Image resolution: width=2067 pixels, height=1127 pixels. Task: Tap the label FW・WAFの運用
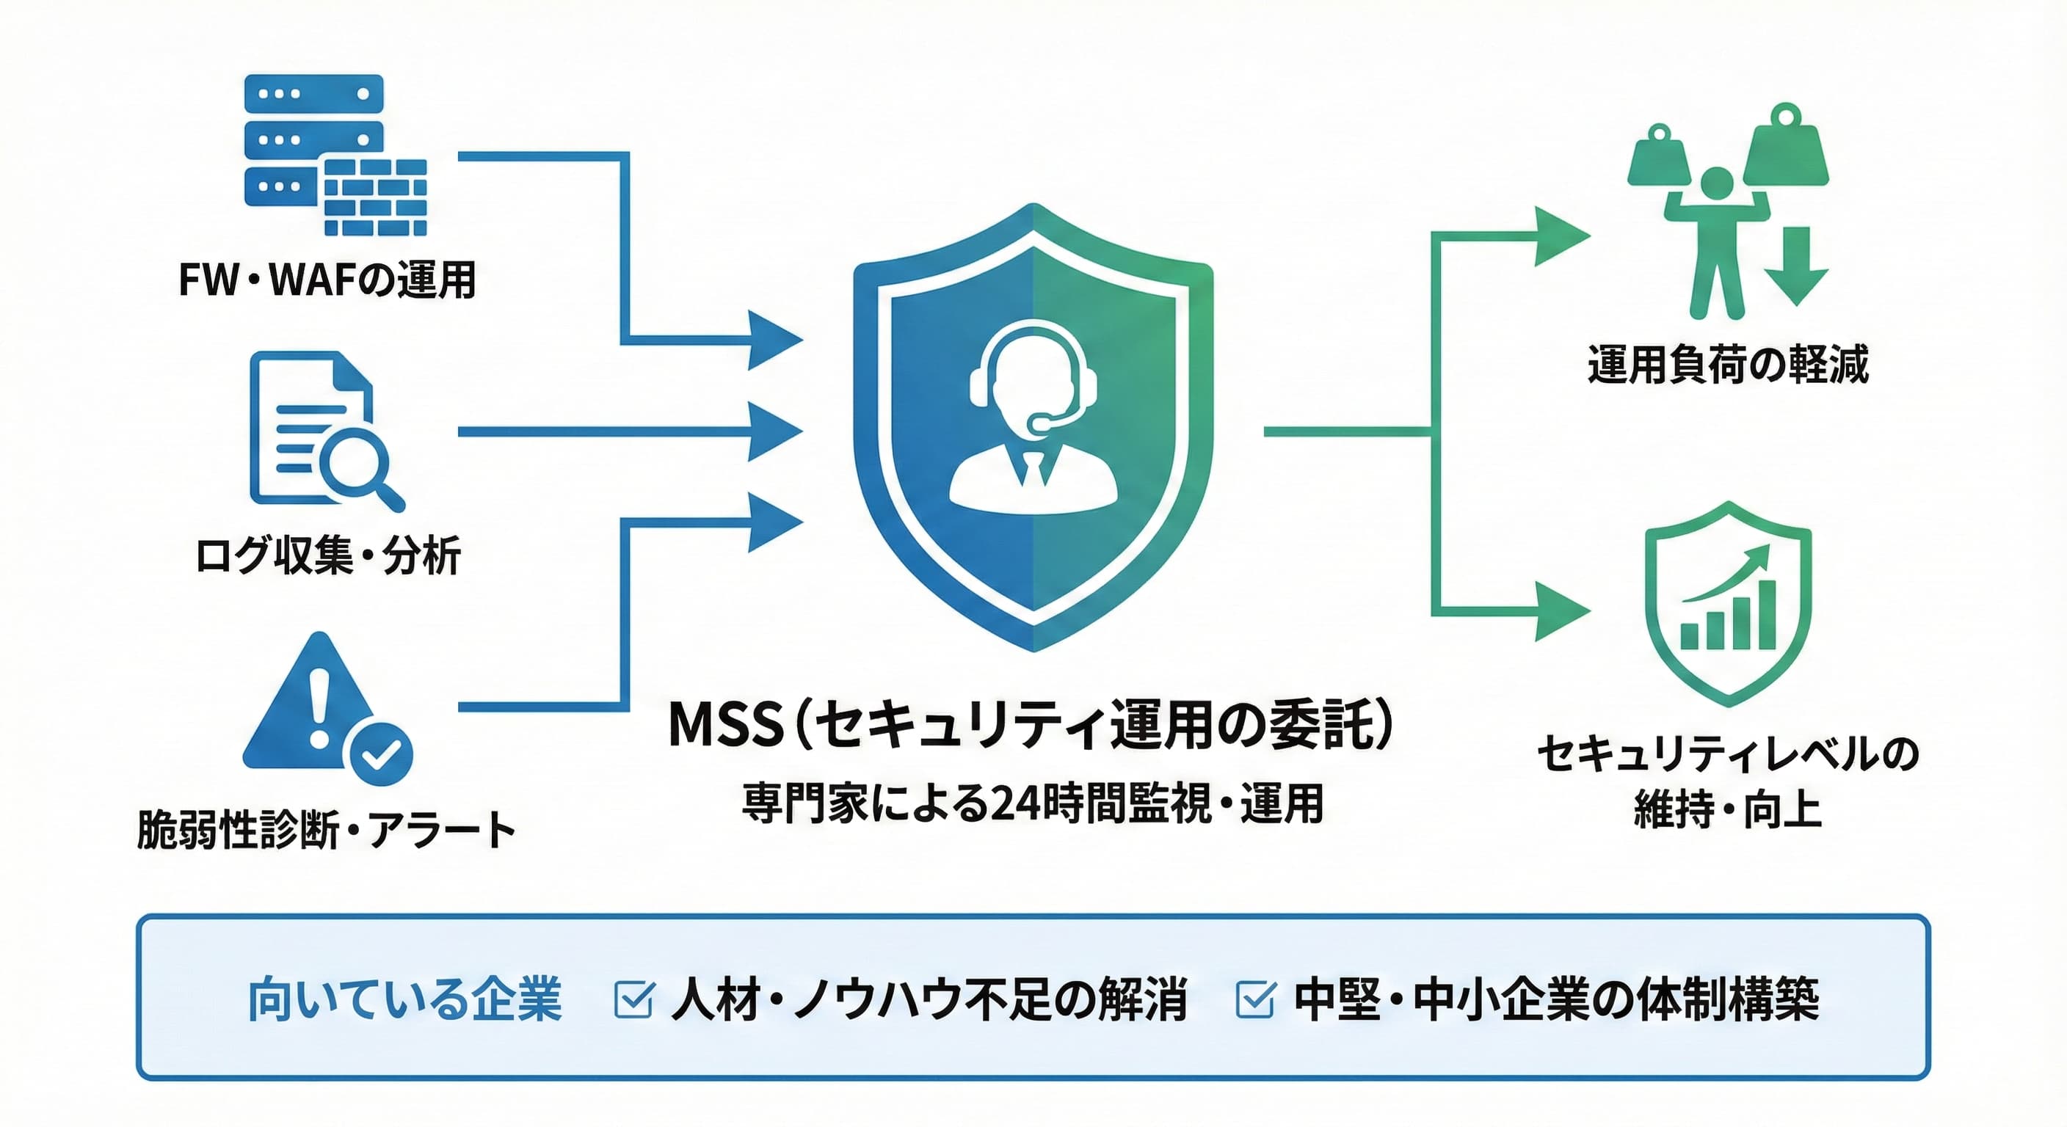click(x=327, y=280)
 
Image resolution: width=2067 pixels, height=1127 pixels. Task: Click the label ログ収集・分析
click(x=328, y=555)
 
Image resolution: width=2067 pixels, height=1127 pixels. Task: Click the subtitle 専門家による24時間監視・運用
click(x=1033, y=803)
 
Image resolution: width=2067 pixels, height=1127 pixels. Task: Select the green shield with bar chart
click(x=1728, y=603)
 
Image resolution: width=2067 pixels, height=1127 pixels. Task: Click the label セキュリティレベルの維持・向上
click(x=1728, y=781)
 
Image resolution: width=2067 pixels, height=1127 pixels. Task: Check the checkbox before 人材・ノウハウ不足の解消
click(x=633, y=999)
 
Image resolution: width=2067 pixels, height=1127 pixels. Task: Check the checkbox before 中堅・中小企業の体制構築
click(x=1255, y=999)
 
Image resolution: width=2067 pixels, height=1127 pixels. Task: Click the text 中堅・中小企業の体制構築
click(x=1556, y=999)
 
